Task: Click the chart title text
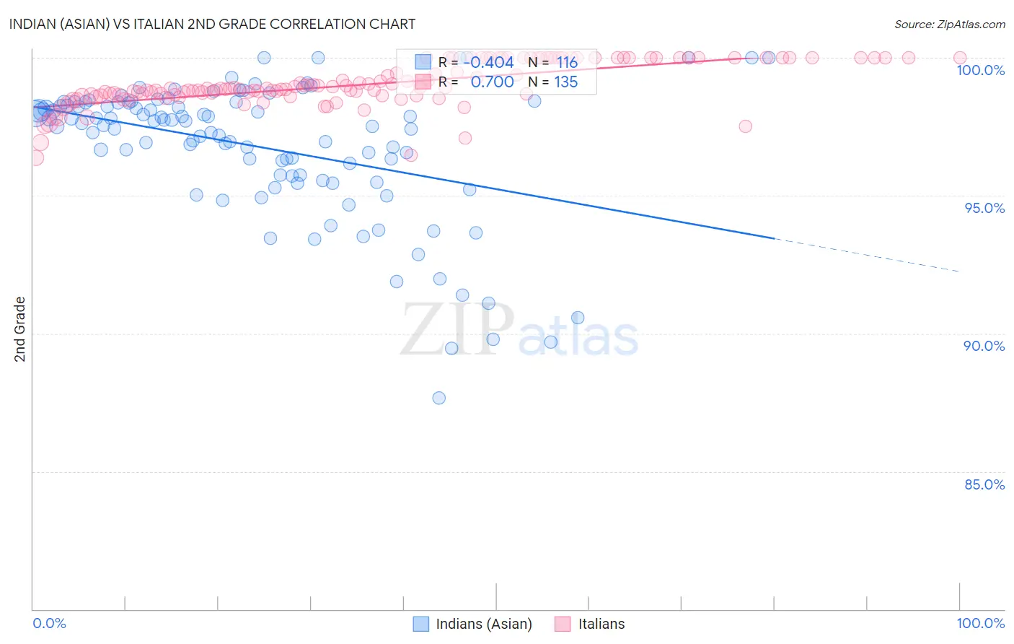pyautogui.click(x=212, y=24)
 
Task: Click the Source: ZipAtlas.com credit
pyautogui.click(x=949, y=24)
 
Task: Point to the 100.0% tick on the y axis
pyautogui.click(x=980, y=70)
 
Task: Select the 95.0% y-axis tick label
pyautogui.click(x=984, y=208)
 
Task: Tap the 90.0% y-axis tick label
pyautogui.click(x=984, y=346)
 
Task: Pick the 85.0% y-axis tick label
pyautogui.click(x=984, y=484)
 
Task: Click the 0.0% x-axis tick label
pyautogui.click(x=49, y=623)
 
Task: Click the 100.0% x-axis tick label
pyautogui.click(x=980, y=623)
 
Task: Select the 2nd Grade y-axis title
pyautogui.click(x=19, y=328)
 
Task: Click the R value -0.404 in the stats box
pyautogui.click(x=488, y=62)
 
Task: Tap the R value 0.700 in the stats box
pyautogui.click(x=492, y=82)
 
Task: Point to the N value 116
pyautogui.click(x=567, y=62)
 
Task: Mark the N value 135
pyautogui.click(x=565, y=82)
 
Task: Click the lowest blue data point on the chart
pyautogui.click(x=438, y=398)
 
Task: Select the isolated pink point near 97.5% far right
pyautogui.click(x=745, y=126)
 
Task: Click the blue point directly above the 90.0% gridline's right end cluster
pyautogui.click(x=578, y=318)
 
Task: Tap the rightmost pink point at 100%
pyautogui.click(x=960, y=58)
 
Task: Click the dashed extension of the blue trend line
pyautogui.click(x=865, y=255)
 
